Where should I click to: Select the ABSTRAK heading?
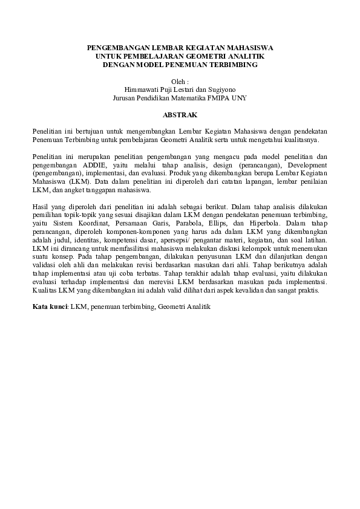(180, 114)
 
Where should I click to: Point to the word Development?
(303, 164)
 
